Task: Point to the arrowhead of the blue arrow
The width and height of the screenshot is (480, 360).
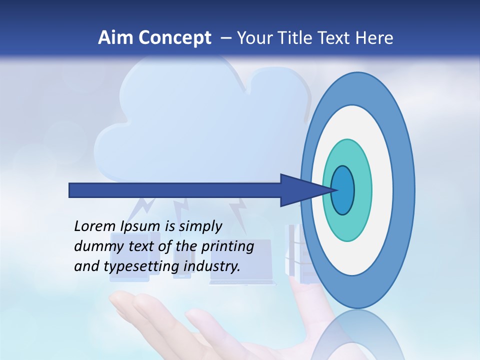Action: (305, 190)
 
